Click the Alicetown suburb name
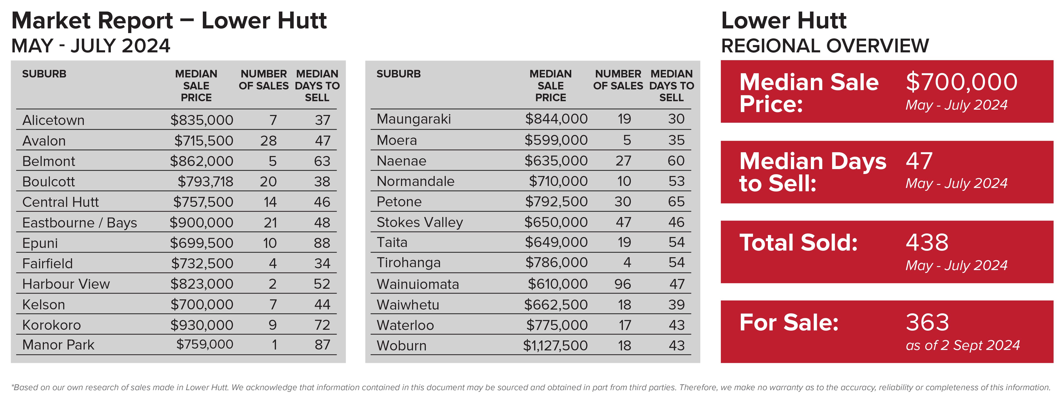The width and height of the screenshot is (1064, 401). [x=53, y=120]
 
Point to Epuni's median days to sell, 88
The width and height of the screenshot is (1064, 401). [x=322, y=243]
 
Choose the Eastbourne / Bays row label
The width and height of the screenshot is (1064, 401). [x=79, y=223]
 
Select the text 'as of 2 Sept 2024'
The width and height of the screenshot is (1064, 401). [x=962, y=345]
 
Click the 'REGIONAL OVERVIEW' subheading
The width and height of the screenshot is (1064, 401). [x=825, y=46]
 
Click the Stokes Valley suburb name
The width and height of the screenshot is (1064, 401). [x=420, y=222]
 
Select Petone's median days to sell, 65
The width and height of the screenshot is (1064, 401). [x=676, y=202]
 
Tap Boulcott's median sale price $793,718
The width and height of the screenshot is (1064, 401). [x=205, y=182]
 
